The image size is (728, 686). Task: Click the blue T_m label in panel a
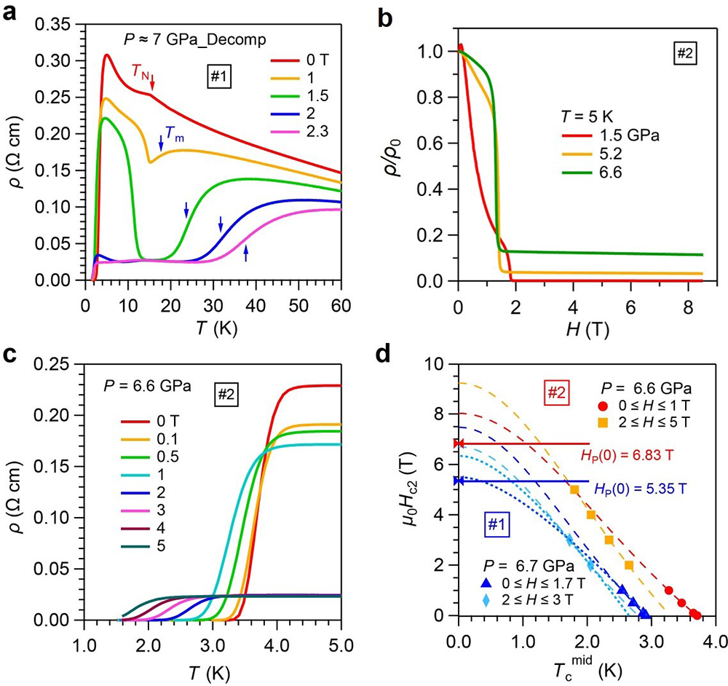pos(170,133)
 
